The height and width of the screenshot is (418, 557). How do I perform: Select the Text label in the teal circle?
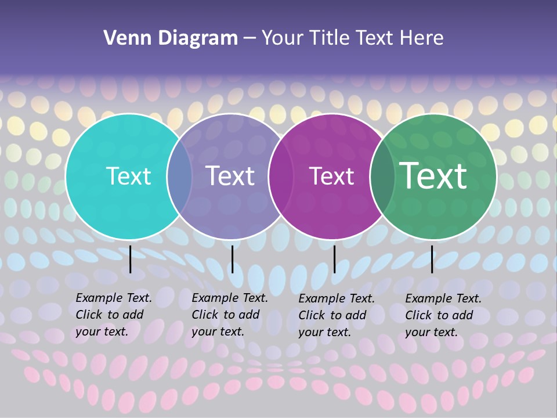tap(128, 176)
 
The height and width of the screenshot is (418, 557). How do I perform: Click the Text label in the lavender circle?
tap(230, 176)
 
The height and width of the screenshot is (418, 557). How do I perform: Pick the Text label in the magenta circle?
tap(331, 176)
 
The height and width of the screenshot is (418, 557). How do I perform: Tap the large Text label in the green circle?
tap(433, 175)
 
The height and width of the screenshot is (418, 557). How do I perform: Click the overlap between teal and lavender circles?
tap(179, 176)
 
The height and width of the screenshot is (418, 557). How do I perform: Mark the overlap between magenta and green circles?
tap(382, 176)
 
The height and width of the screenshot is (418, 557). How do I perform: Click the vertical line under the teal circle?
tap(131, 259)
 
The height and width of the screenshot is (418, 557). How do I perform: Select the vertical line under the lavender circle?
tap(232, 259)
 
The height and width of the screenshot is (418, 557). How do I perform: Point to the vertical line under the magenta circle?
tap(334, 259)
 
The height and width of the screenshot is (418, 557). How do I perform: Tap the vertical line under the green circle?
tap(432, 259)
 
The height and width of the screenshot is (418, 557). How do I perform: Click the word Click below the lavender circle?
tap(205, 315)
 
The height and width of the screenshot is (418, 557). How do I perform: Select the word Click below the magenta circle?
tap(312, 315)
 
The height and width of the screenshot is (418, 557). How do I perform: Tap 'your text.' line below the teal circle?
tap(102, 332)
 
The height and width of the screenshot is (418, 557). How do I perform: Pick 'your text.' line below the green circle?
tap(431, 333)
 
